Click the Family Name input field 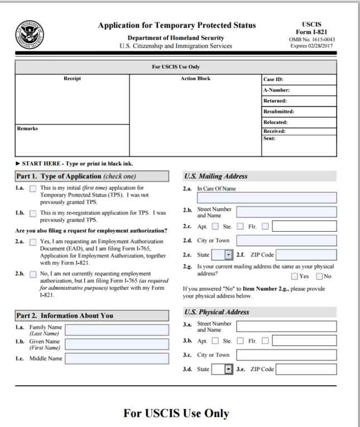click(117, 330)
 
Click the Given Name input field click(117, 344)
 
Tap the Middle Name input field click(117, 358)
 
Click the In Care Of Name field click(267, 197)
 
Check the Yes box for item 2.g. click(295, 276)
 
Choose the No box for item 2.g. click(320, 276)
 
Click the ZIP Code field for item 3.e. click(306, 369)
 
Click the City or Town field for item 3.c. click(286, 354)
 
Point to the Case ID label click(273, 79)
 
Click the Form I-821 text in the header click(310, 32)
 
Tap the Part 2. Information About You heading click(64, 315)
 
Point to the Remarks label click(27, 128)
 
